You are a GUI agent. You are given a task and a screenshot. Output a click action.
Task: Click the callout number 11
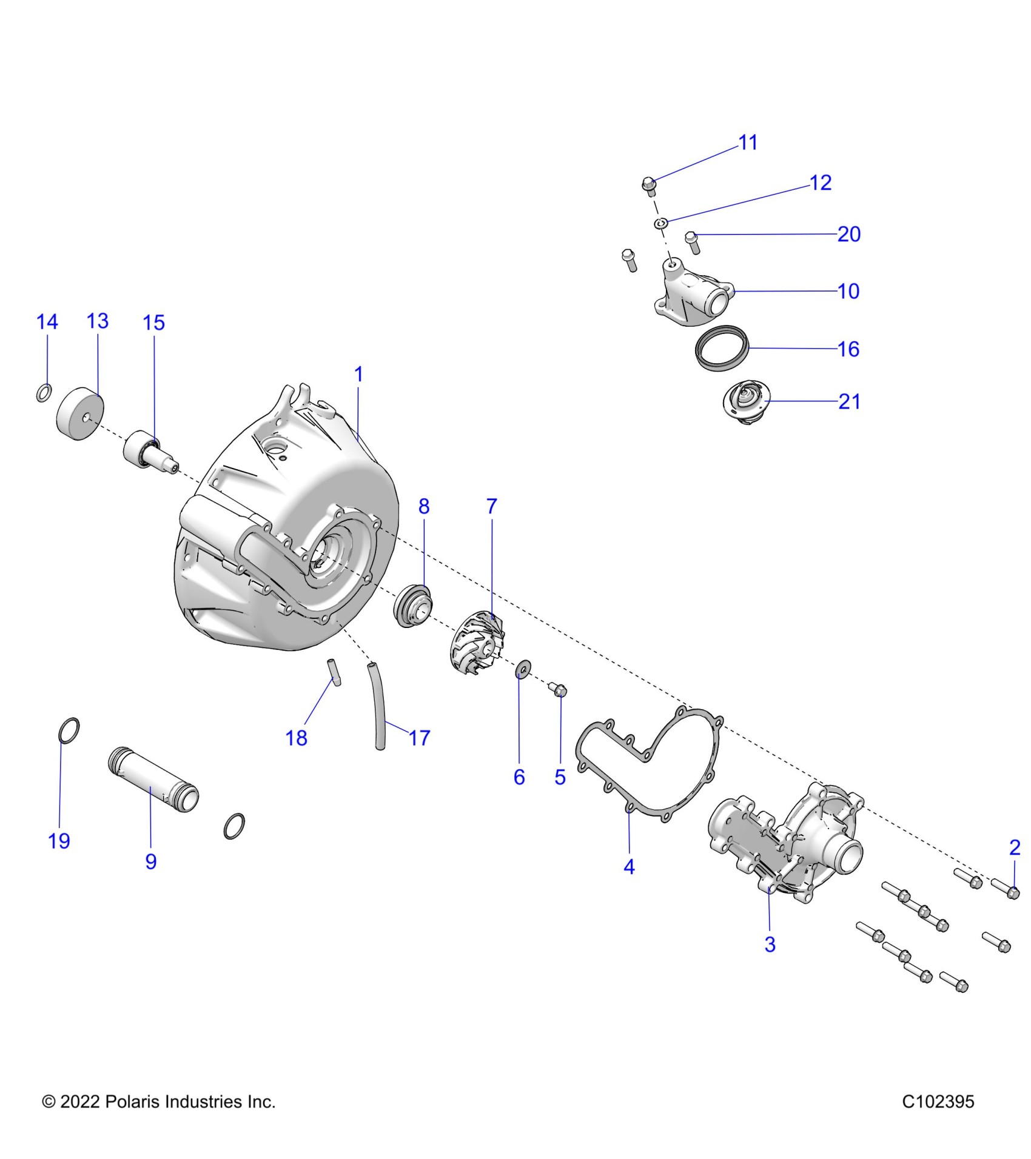point(748,142)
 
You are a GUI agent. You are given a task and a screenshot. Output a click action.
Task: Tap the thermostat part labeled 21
point(745,402)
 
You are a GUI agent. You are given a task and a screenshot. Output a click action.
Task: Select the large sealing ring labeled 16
point(722,347)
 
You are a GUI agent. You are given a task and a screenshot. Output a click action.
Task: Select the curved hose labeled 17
point(378,707)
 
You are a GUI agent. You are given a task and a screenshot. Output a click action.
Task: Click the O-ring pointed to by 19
point(69,730)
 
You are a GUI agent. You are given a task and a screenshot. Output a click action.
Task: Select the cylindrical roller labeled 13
point(80,414)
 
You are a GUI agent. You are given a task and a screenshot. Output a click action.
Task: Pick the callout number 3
point(770,944)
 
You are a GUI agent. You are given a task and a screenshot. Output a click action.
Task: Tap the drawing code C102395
point(938,1101)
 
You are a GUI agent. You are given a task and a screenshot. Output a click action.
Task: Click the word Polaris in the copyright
point(130,1101)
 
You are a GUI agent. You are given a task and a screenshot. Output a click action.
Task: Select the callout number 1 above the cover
point(358,375)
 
